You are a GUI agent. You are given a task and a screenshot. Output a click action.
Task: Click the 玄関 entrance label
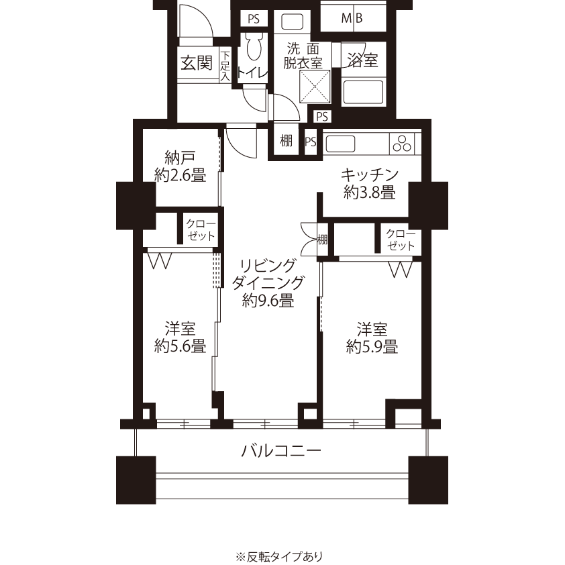click(x=197, y=64)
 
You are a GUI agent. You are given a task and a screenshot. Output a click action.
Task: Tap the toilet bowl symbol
click(x=256, y=46)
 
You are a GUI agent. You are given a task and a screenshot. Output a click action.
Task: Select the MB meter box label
click(x=352, y=17)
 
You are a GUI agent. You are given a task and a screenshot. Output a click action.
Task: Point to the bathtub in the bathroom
click(x=363, y=92)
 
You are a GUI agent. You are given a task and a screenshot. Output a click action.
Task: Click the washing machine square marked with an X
click(x=315, y=87)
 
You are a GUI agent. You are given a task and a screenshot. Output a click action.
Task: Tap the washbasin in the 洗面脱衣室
click(x=292, y=21)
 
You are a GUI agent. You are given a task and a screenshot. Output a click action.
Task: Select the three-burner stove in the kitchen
click(x=402, y=144)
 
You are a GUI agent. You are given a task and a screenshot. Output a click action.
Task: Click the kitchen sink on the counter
click(x=340, y=144)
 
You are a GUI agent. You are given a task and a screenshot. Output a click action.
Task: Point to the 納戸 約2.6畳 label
click(x=180, y=166)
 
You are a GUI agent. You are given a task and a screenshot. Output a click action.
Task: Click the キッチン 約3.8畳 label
click(x=370, y=184)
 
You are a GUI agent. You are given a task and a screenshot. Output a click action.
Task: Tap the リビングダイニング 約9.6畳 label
click(x=268, y=283)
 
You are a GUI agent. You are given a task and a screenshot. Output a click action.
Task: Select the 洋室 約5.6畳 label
click(x=180, y=338)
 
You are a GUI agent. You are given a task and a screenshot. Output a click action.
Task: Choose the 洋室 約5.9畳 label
click(x=372, y=338)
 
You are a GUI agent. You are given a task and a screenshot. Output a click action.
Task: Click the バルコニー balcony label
click(x=281, y=450)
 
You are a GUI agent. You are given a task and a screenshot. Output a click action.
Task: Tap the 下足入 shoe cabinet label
click(x=225, y=66)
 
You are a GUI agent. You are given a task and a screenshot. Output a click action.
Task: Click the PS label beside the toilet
click(x=254, y=19)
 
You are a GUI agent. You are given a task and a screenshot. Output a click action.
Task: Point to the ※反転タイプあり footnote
click(x=279, y=557)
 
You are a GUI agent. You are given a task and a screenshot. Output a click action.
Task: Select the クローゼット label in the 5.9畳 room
click(x=401, y=240)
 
